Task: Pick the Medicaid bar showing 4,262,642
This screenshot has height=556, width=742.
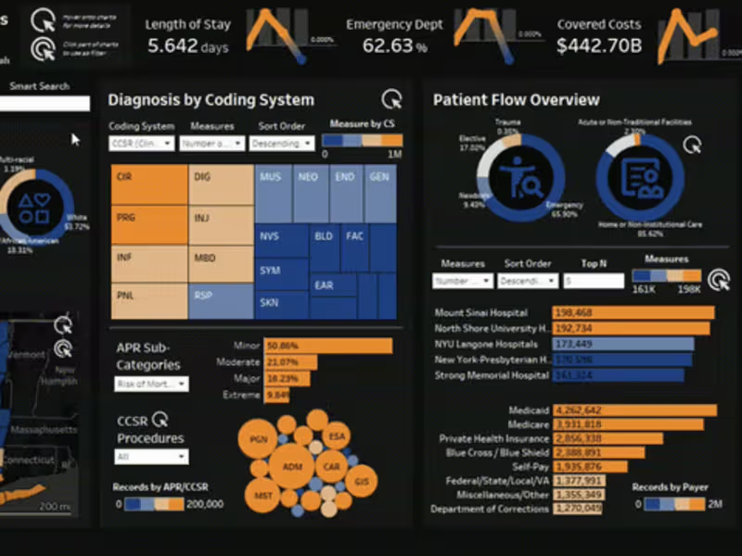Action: point(635,410)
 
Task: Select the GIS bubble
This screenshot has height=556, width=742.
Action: point(361,481)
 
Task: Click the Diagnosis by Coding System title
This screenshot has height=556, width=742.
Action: point(211,100)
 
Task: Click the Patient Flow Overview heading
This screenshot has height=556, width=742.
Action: point(516,100)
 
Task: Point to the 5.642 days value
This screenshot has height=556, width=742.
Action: point(185,46)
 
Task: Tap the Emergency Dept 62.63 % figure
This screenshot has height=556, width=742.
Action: point(394,46)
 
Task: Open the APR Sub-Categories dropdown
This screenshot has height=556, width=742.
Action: point(151,384)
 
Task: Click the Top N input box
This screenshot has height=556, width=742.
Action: point(594,281)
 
